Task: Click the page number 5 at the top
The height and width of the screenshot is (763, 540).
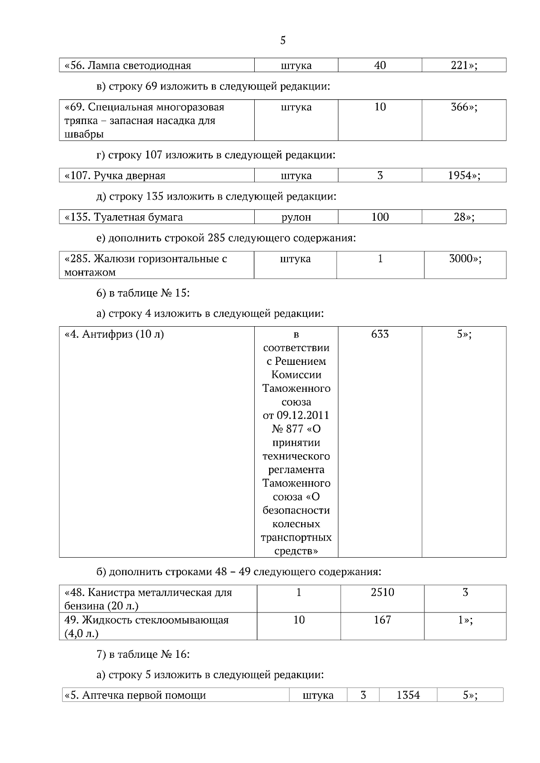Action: coord(283,40)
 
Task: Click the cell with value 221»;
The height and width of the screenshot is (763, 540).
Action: coord(464,66)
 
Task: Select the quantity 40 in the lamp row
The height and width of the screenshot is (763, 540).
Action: coord(380,66)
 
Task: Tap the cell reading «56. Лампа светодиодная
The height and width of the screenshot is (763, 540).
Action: coord(128,66)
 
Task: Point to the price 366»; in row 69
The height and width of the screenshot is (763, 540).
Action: coord(464,107)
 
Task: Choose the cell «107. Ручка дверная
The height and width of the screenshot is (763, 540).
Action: coord(115,176)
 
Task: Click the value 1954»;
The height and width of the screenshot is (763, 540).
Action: coord(464,176)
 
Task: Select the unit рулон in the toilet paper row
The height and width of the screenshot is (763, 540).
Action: coord(296,217)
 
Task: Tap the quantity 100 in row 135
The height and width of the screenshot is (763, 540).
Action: coord(380,217)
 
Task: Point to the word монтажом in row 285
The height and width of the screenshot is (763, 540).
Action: coord(90,272)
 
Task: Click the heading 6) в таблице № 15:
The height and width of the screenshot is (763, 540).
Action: coord(143,293)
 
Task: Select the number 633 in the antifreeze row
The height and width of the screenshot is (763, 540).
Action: coord(380,334)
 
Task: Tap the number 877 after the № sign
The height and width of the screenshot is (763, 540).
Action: coord(295,429)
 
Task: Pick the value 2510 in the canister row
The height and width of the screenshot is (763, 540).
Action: coord(382,592)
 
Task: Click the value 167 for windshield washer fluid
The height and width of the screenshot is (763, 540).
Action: coord(382,620)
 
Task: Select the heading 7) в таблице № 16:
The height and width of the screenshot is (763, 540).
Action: coord(143,654)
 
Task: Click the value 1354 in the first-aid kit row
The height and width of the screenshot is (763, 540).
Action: coord(408,696)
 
